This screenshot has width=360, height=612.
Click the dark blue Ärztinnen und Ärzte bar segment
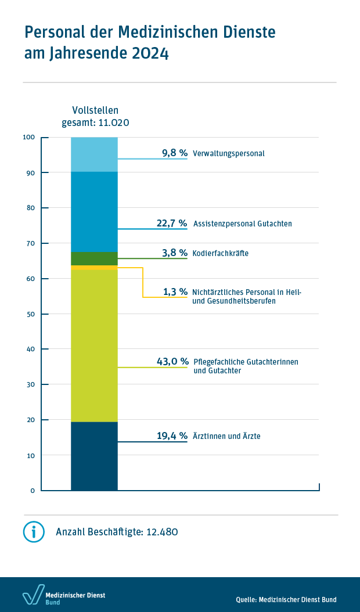tap(94, 456)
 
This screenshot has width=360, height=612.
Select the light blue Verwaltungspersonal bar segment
tap(94, 154)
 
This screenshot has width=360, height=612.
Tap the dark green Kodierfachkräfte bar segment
tap(94, 258)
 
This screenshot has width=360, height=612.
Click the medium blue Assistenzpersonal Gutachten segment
tap(94, 211)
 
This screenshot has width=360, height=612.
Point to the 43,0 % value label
tap(172, 361)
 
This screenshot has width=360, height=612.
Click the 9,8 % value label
tap(175, 153)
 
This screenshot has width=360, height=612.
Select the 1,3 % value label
tap(175, 291)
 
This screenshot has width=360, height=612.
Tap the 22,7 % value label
tap(172, 223)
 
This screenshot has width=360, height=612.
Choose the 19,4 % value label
tap(172, 435)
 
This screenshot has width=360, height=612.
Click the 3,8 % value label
tap(175, 253)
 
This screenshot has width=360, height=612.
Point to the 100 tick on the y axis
tap(28, 137)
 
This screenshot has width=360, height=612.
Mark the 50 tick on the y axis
tap(30, 314)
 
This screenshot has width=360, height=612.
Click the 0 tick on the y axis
tap(33, 491)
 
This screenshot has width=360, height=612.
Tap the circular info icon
tap(34, 531)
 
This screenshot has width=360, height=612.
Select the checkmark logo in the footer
tap(33, 595)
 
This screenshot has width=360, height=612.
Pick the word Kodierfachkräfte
tap(220, 254)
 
